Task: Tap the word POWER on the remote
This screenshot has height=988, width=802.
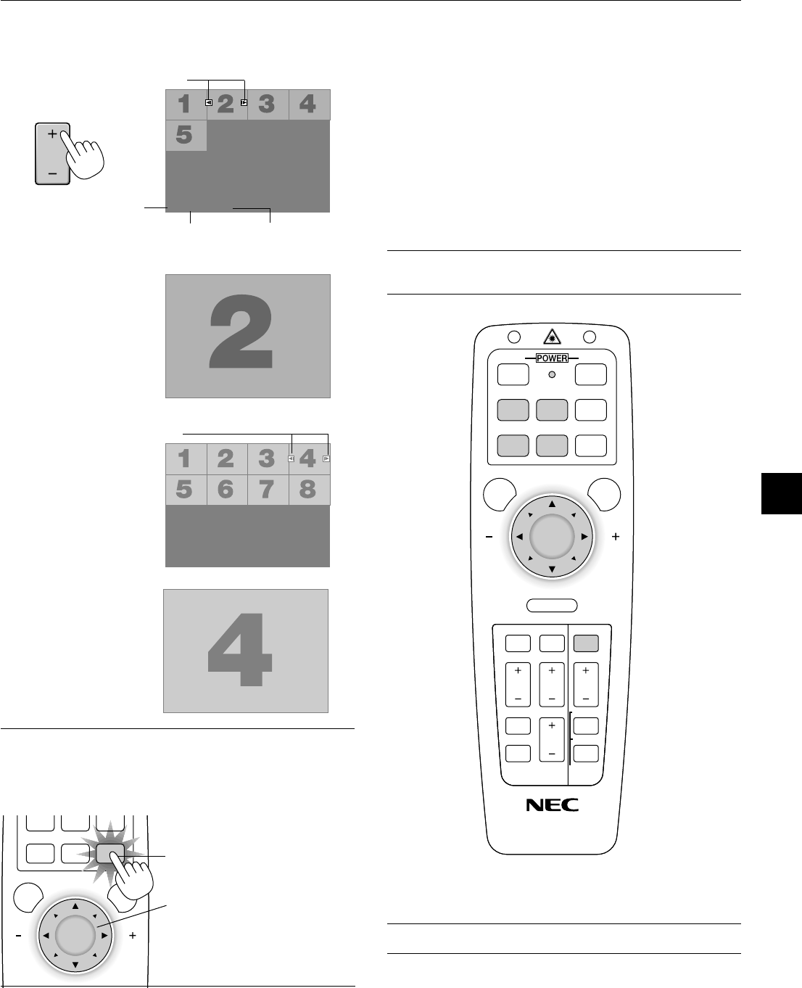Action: point(552,358)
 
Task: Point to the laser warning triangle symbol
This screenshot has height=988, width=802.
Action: point(552,335)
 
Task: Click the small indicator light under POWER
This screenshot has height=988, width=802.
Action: point(552,374)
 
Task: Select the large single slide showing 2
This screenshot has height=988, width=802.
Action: point(248,336)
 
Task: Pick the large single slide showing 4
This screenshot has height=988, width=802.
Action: point(246,651)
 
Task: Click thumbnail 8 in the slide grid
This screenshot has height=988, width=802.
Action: point(308,490)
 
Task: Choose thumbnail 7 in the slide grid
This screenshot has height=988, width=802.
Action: point(267,490)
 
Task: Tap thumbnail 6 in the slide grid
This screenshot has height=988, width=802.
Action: point(226,490)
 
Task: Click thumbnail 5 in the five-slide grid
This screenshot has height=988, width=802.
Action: point(186,136)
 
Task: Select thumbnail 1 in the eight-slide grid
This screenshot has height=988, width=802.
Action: point(185,458)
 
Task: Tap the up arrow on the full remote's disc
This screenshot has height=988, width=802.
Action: point(552,503)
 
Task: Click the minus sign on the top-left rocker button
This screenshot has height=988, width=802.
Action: point(52,174)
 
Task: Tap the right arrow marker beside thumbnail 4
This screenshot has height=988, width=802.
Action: point(326,458)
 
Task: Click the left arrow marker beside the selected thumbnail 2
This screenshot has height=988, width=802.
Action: point(208,103)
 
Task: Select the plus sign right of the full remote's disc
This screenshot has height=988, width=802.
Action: point(616,537)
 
